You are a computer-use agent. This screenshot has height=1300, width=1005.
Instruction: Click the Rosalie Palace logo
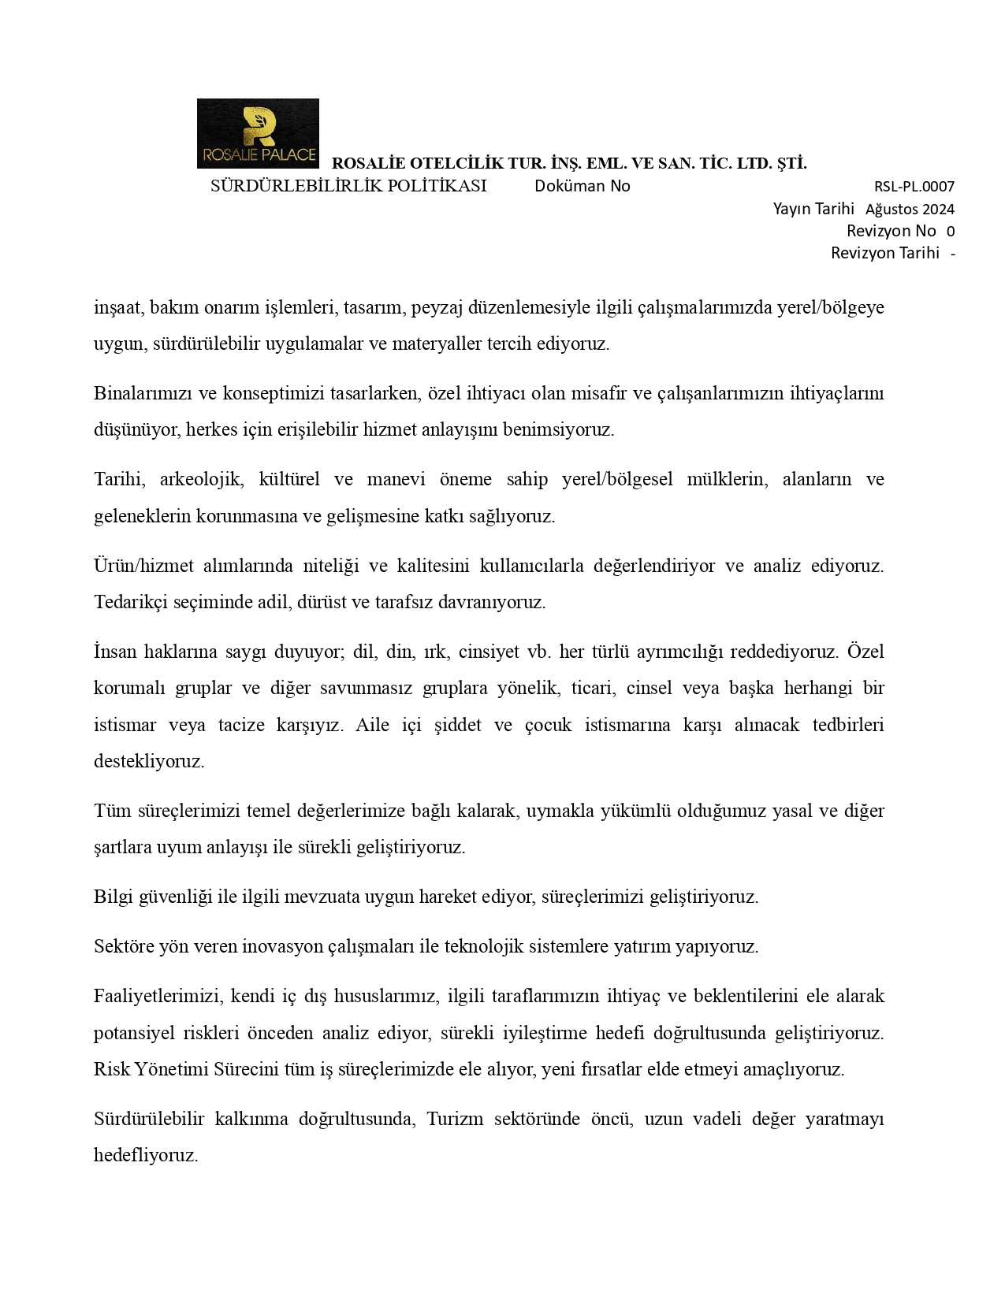(x=258, y=133)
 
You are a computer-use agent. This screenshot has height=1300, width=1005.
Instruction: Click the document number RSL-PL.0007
(x=914, y=187)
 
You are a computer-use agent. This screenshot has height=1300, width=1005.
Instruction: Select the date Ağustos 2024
(x=910, y=209)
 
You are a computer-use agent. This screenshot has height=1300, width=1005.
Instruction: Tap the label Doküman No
(x=582, y=186)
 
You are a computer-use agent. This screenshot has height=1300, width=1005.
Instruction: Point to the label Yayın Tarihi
(x=813, y=209)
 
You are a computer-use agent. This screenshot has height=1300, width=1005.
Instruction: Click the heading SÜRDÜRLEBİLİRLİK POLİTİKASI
(x=348, y=186)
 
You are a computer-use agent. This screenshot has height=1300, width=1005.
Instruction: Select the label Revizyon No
(x=891, y=231)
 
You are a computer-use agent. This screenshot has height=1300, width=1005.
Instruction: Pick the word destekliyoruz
(x=149, y=761)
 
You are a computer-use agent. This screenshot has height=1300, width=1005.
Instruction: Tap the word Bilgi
(x=112, y=897)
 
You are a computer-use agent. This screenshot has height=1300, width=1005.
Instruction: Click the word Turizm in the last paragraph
(x=455, y=1119)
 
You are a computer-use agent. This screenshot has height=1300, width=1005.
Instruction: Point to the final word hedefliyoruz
(x=145, y=1155)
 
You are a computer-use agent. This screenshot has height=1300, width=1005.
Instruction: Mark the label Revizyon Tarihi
(x=884, y=253)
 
